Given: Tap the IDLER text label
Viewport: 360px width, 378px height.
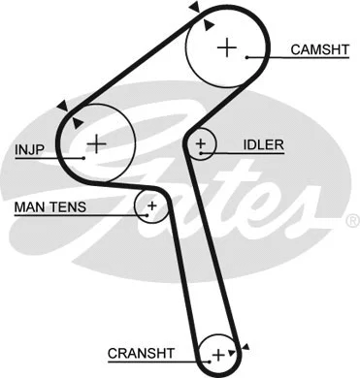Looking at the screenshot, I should point(263,145).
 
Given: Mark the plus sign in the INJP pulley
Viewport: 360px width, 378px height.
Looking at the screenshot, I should point(95,144).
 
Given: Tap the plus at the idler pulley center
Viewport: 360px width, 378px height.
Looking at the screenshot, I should point(201,146).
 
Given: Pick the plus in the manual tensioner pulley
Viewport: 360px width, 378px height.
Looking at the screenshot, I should point(151,205).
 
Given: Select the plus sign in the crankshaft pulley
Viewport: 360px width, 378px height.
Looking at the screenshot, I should point(219,353).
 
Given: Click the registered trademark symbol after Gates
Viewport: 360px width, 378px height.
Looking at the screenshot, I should point(351,222).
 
